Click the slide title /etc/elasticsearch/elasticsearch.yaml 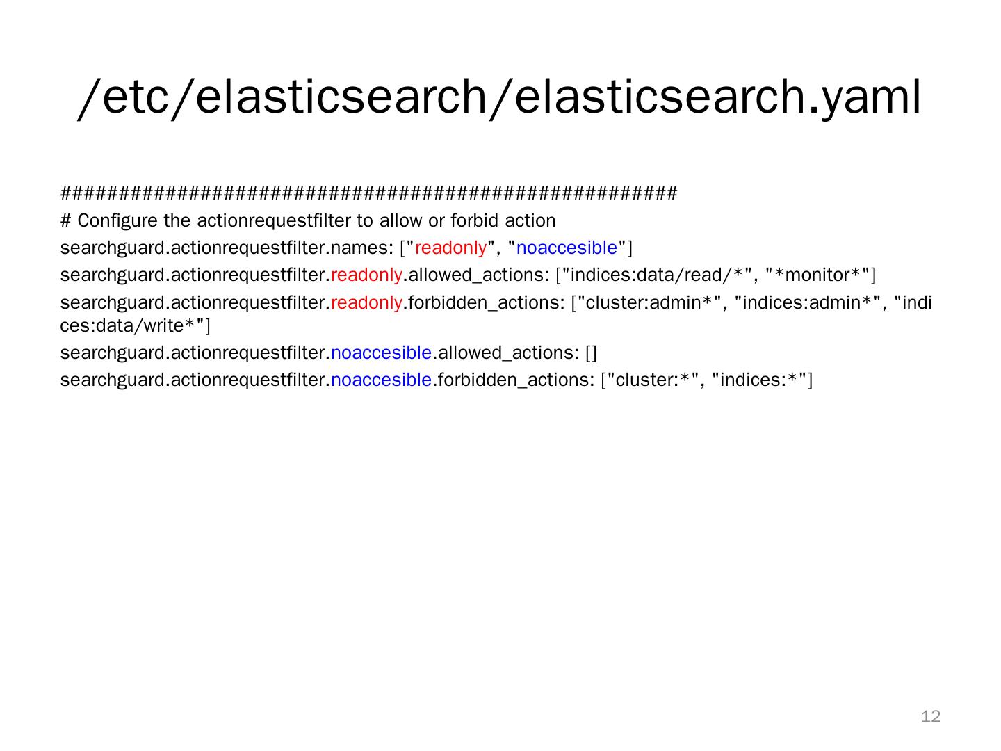coord(500,96)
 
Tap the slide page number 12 coord(930,716)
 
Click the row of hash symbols coord(368,193)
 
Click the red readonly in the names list coord(450,248)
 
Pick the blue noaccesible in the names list coord(567,248)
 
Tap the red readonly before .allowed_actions coord(366,275)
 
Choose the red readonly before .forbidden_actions coord(366,302)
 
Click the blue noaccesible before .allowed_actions coord(381,353)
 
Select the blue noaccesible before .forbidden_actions coord(381,380)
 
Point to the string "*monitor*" coord(817,275)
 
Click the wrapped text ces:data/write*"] coord(135,325)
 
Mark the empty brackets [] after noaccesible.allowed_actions coord(591,353)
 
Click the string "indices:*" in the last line coord(759,380)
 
